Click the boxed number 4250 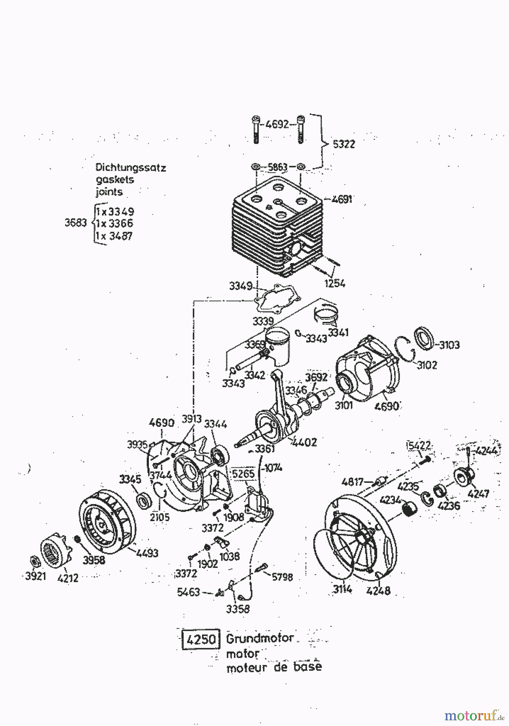pyautogui.click(x=200, y=640)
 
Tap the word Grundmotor pyautogui.click(x=260, y=639)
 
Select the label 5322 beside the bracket pyautogui.click(x=344, y=144)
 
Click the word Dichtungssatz pyautogui.click(x=131, y=167)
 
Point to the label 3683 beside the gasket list pyautogui.click(x=75, y=223)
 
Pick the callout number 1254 pyautogui.click(x=335, y=283)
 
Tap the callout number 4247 pyautogui.click(x=478, y=493)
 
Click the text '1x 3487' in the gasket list pyautogui.click(x=114, y=236)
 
